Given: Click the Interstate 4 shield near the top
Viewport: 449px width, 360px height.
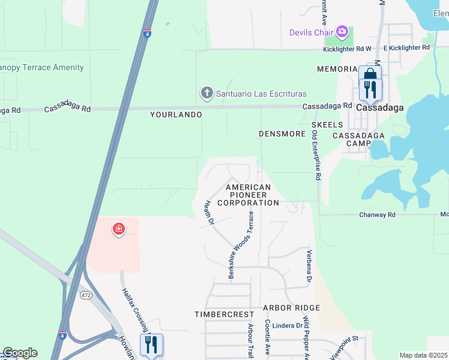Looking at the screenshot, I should click(147, 34).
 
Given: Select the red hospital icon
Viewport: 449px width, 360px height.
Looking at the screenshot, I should click(119, 229).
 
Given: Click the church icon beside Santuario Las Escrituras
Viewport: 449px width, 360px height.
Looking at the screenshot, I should click(206, 94).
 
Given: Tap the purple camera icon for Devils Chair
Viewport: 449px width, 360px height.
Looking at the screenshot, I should click(342, 31).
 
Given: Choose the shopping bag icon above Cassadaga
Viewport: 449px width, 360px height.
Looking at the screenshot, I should click(370, 74).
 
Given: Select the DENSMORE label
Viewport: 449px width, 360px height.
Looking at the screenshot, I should click(282, 134).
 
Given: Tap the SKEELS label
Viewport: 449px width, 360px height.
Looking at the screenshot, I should click(327, 124).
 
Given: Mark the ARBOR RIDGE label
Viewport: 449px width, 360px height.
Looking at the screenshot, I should click(291, 308).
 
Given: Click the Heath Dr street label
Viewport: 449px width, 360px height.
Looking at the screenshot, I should click(210, 213).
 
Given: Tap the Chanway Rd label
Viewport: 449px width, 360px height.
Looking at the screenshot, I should click(377, 214).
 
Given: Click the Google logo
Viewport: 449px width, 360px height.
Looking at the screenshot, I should click(20, 353).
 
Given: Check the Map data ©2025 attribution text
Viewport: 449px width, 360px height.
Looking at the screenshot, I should click(423, 355).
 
